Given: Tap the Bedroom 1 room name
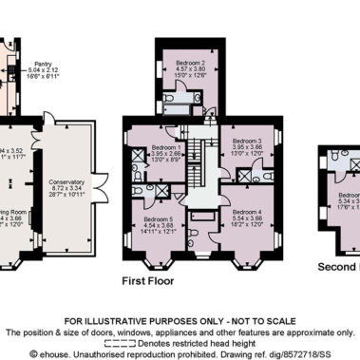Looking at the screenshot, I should tap(166, 147).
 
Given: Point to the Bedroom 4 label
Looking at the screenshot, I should tap(246, 212).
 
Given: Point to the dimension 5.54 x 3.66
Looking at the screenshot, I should tap(246, 219).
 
